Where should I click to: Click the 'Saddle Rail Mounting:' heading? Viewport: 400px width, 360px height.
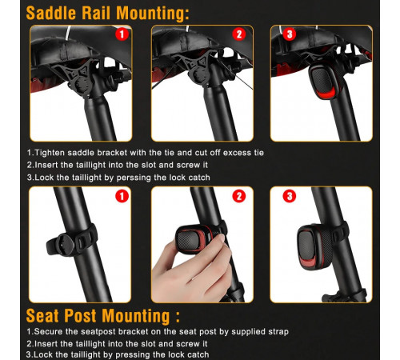(108, 13)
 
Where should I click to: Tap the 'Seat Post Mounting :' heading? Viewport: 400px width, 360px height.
(103, 316)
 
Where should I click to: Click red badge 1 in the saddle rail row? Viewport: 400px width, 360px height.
(122, 34)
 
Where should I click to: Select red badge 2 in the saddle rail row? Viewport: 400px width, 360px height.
(239, 34)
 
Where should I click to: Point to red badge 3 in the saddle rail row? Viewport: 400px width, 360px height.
(290, 34)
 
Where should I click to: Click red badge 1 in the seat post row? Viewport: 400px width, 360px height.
(122, 196)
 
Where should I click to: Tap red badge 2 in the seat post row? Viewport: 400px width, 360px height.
(239, 196)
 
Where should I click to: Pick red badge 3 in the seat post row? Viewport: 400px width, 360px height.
(290, 196)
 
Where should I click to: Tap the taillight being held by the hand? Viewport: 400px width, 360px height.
(194, 239)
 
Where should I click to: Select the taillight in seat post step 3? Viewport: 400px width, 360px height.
(314, 246)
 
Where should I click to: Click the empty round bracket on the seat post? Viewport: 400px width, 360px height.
(63, 245)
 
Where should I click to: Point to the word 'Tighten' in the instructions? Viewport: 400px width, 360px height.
(50, 153)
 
